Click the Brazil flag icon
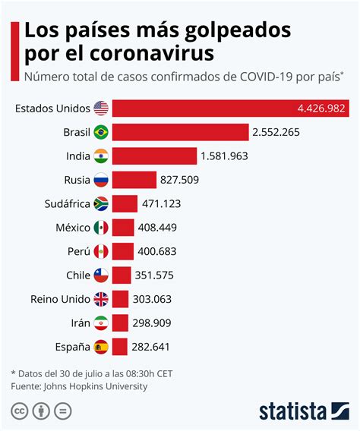pyautogui.click(x=101, y=133)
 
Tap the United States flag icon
pyautogui.click(x=101, y=109)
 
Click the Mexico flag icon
pyautogui.click(x=101, y=228)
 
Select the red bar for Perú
pyautogui.click(x=123, y=251)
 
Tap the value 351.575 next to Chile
pyautogui.click(x=159, y=275)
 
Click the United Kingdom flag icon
pyautogui.click(x=101, y=299)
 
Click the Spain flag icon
pyautogui.click(x=101, y=348)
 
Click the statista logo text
pyautogui.click(x=292, y=411)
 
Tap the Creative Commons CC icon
pyautogui.click(x=20, y=411)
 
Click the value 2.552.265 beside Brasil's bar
pyautogui.click(x=277, y=133)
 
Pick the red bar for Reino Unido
pyautogui.click(x=122, y=299)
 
